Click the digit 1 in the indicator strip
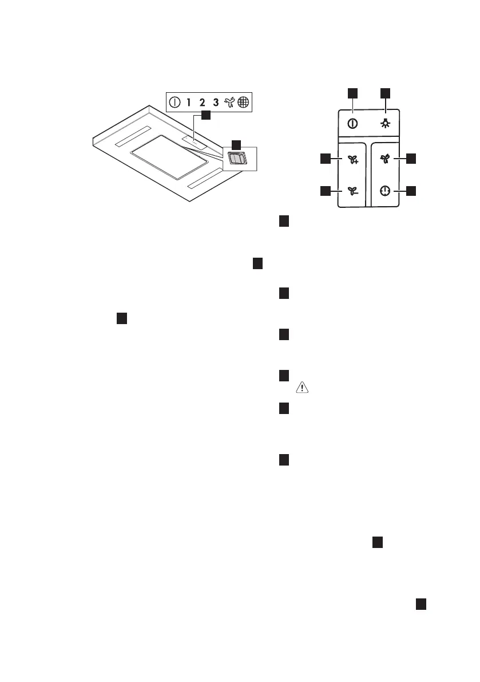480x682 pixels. (188, 103)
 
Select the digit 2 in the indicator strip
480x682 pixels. (202, 103)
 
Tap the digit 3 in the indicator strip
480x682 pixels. (216, 103)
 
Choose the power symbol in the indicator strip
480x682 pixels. (174, 103)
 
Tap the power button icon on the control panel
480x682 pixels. (353, 124)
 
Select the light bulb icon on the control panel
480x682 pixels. (386, 124)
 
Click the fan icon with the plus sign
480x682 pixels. (352, 161)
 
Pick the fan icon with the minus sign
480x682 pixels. (352, 191)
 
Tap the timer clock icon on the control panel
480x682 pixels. (386, 191)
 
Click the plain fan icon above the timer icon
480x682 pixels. (386, 161)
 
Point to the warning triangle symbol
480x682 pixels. (301, 388)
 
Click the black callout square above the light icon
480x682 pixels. (386, 92)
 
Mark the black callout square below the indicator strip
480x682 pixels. (205, 116)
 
